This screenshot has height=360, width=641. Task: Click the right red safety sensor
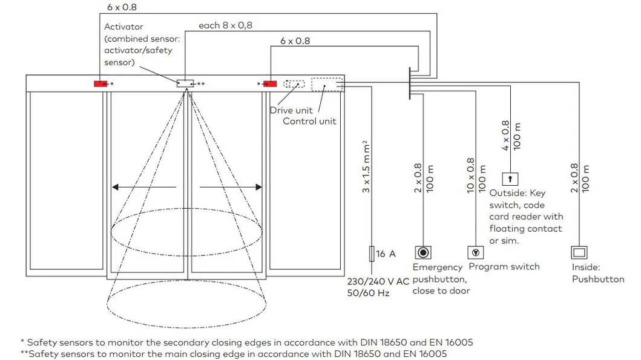coord(269,83)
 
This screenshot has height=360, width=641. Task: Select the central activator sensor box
coord(185,83)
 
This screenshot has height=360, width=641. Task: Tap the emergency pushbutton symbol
coord(423,252)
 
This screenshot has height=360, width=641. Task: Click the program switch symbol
coord(475,252)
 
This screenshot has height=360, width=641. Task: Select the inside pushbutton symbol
coord(579,252)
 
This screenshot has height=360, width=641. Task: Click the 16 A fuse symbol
coord(371,253)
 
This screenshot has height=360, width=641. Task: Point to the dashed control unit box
coord(327,84)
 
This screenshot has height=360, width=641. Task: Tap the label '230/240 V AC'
coord(378,281)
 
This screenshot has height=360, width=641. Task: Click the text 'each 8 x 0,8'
coord(225,25)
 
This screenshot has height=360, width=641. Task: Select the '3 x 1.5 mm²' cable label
coord(365,167)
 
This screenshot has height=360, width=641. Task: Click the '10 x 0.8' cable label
coord(470,176)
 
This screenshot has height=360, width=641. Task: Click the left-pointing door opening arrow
coord(144,188)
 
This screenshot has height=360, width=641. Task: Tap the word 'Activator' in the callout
coord(124,27)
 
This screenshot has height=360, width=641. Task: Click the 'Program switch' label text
coord(504,267)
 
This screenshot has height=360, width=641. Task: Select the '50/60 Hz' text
coord(368,293)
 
